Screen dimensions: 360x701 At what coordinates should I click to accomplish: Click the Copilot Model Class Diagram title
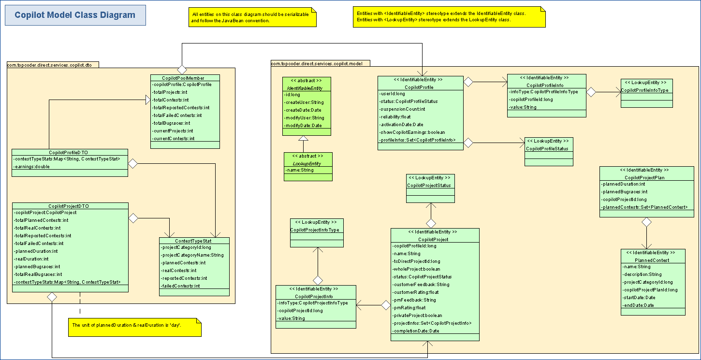[75, 15]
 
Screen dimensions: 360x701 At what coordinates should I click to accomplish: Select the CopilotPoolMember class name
[184, 78]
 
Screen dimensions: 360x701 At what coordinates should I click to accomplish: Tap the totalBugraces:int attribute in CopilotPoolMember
[172, 123]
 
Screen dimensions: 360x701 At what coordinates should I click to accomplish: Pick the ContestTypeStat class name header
[194, 240]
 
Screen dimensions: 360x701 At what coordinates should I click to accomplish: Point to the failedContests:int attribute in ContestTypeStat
[180, 286]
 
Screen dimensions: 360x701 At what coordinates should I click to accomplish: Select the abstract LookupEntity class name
[308, 163]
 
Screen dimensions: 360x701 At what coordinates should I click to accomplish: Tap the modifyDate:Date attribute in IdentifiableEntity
[304, 126]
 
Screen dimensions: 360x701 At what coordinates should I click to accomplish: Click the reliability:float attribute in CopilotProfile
[395, 117]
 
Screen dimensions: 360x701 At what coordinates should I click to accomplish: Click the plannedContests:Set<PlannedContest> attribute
[645, 207]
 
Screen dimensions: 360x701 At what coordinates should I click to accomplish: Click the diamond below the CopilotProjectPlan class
[646, 222]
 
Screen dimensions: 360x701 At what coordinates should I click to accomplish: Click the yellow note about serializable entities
[251, 17]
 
